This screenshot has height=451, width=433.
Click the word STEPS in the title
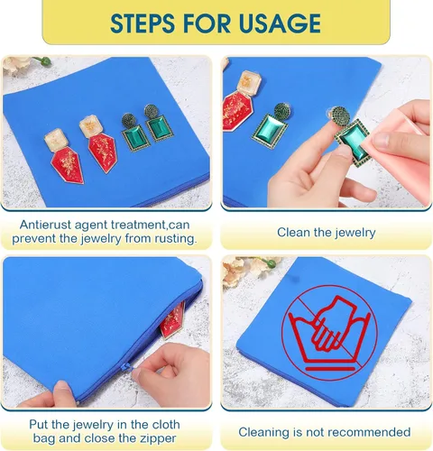pyautogui.click(x=143, y=23)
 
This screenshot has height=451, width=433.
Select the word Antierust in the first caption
pyautogui.click(x=45, y=225)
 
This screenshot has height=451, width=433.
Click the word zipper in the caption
pyautogui.click(x=157, y=438)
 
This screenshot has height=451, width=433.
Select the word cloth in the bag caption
pyautogui.click(x=165, y=425)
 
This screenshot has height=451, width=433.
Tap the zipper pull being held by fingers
pyautogui.click(x=127, y=368)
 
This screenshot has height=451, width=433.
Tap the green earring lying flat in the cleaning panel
pyautogui.click(x=271, y=126)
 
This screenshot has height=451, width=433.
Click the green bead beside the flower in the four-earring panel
pyautogui.click(x=46, y=61)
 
